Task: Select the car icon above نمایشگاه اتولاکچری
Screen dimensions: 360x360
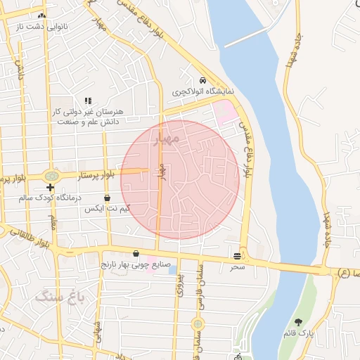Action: [x=202, y=80]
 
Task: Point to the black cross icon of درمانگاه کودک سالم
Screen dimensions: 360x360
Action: [x=50, y=188]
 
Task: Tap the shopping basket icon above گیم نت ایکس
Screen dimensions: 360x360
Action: [x=107, y=198]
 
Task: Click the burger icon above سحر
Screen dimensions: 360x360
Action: [x=238, y=256]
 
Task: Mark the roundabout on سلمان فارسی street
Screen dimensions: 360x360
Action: [x=198, y=324]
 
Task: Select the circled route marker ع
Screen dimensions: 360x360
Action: [x=344, y=271]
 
